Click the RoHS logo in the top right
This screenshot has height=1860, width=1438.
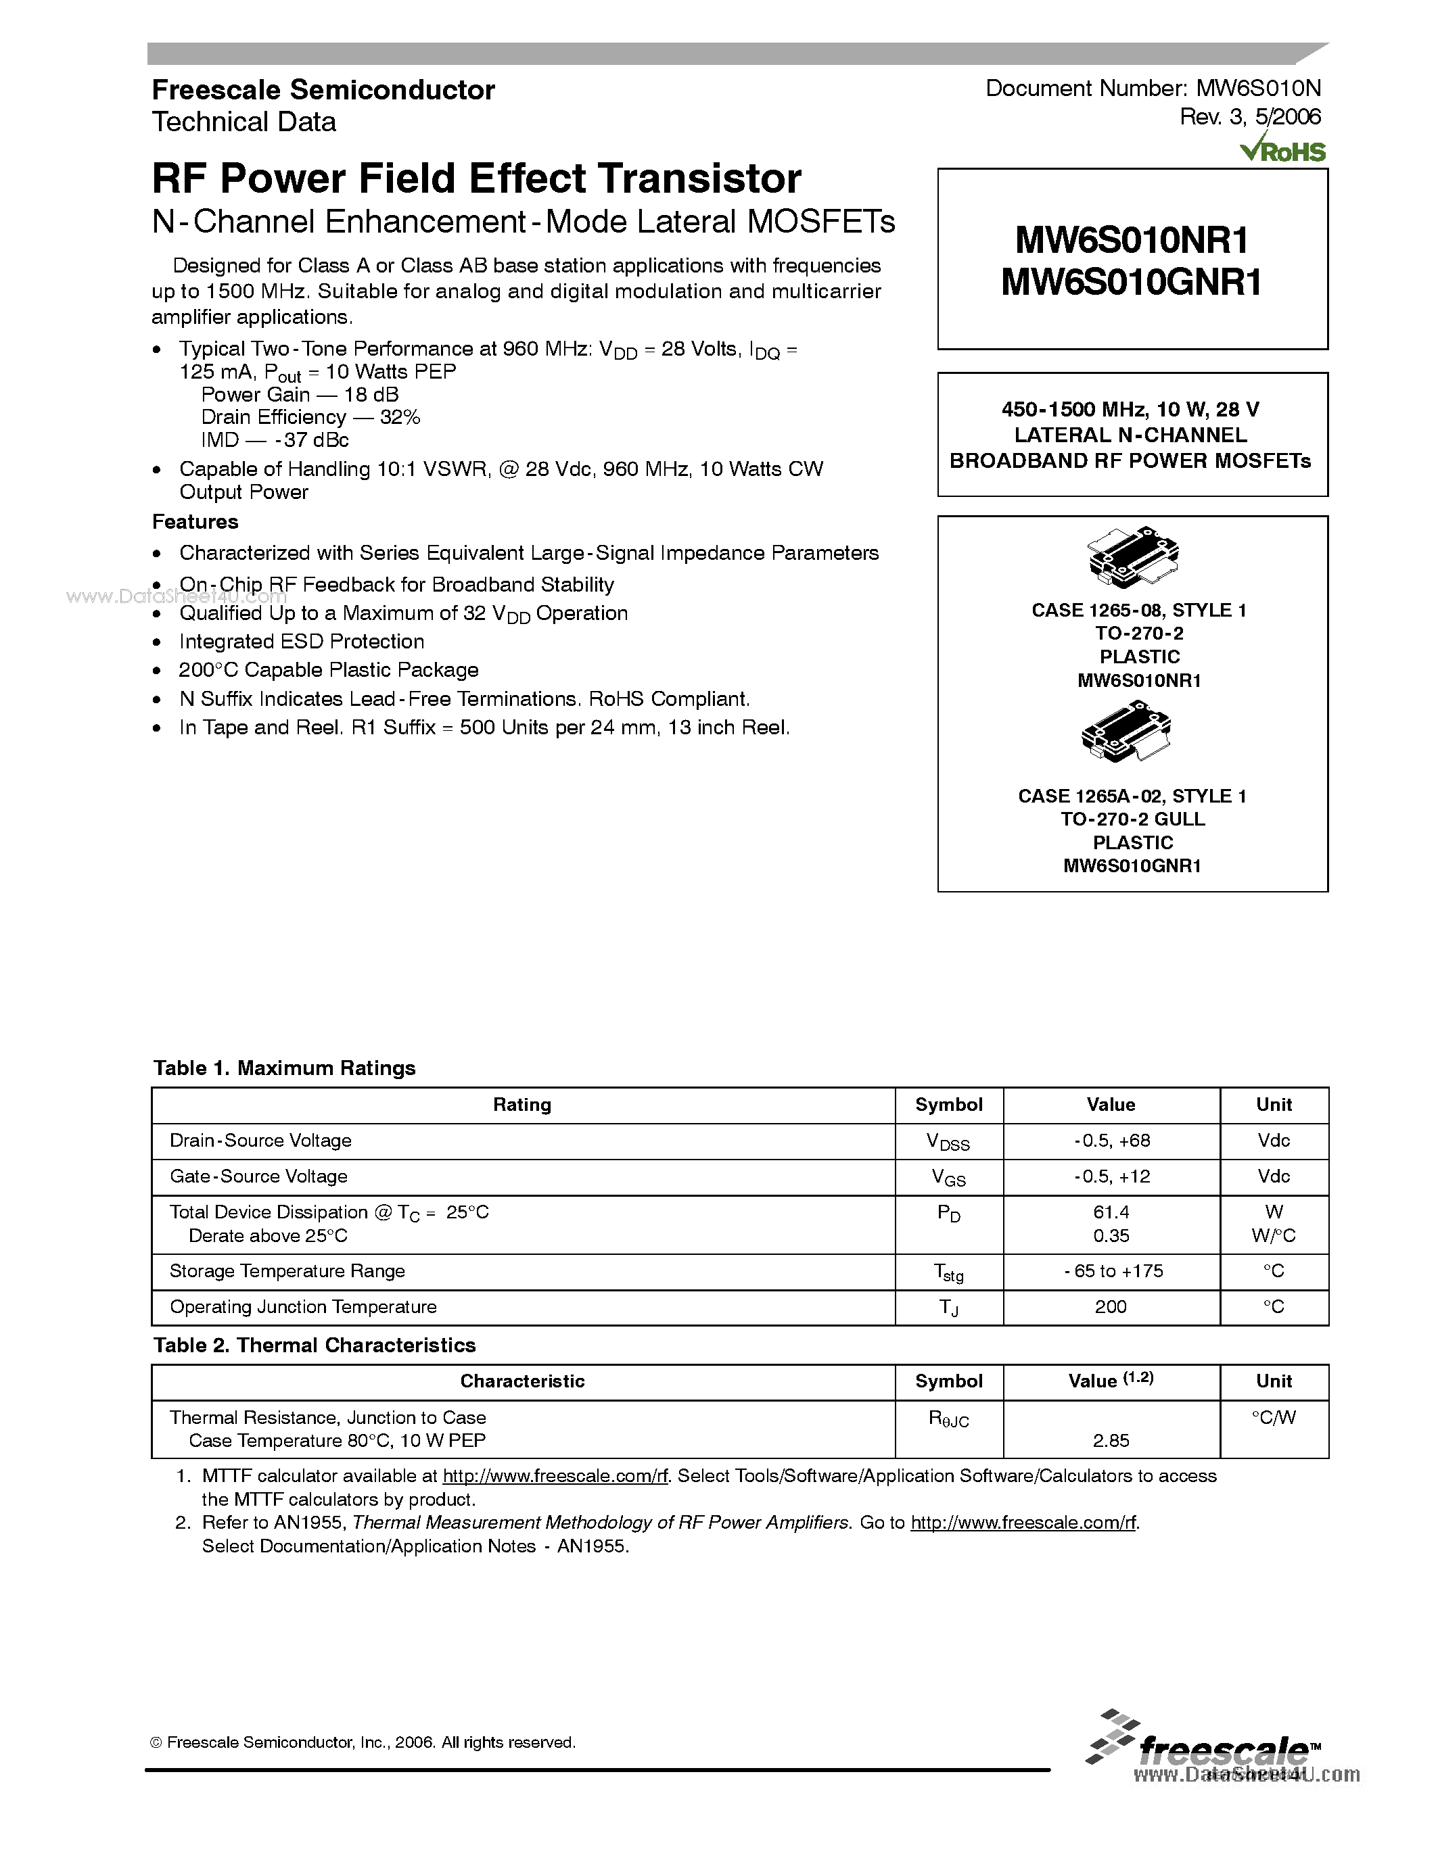(1284, 151)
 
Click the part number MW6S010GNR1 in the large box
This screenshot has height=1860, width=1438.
(1132, 283)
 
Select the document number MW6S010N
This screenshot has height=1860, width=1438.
(1258, 89)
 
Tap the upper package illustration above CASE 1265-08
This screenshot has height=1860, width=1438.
(1133, 556)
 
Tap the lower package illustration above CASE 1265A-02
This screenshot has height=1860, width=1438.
(1126, 732)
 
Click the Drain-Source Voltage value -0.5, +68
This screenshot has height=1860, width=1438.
(1111, 1141)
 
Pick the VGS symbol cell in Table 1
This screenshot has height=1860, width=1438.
(948, 1177)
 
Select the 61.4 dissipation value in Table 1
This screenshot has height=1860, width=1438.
(1111, 1212)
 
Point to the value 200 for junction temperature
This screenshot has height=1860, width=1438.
(1111, 1306)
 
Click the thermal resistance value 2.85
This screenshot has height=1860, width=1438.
(1111, 1440)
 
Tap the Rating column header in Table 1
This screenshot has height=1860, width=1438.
(522, 1105)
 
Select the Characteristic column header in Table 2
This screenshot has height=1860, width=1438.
(522, 1381)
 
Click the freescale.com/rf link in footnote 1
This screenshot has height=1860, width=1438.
(555, 1476)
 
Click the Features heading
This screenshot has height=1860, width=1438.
(195, 521)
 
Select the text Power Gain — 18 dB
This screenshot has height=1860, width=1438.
(300, 394)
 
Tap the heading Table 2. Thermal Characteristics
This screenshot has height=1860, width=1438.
(315, 1345)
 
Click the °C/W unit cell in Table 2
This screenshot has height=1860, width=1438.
(1274, 1417)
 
